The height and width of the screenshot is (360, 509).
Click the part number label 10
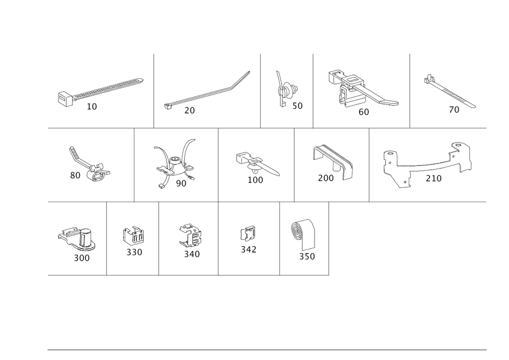click(92, 106)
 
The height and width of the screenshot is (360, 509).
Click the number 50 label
click(297, 106)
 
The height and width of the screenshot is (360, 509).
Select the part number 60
click(363, 112)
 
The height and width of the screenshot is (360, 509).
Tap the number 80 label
click(75, 175)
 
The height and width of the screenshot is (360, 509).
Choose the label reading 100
click(255, 180)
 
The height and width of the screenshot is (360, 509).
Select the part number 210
click(434, 178)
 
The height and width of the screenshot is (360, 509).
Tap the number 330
click(134, 252)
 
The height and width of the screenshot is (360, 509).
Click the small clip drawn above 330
click(133, 235)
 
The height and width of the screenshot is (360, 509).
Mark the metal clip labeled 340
click(190, 235)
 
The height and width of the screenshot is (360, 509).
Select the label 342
click(248, 250)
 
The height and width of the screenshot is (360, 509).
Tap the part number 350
click(307, 257)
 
